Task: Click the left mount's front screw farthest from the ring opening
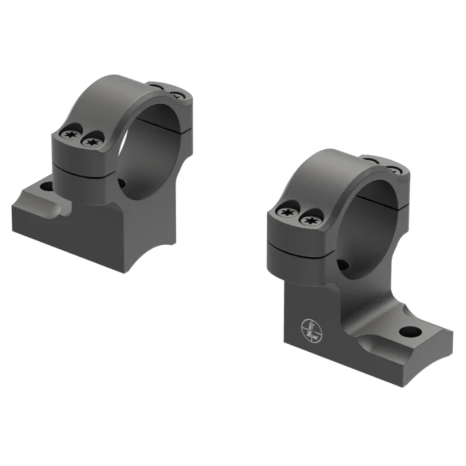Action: coord(72,136)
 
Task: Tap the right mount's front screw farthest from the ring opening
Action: coord(288,213)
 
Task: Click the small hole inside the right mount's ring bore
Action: coord(344,266)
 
